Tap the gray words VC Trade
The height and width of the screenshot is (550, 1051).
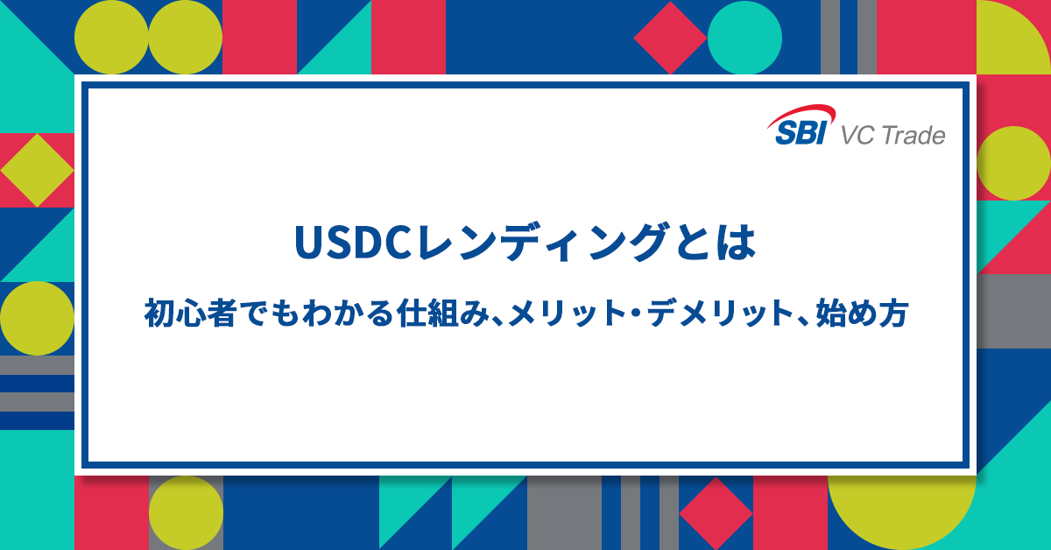click(892, 136)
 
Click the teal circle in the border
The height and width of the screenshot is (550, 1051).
click(744, 38)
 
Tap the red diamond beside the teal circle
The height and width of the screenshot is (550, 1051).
click(670, 38)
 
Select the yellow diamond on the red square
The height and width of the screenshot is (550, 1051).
click(37, 170)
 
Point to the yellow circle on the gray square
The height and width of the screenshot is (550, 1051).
click(186, 512)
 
